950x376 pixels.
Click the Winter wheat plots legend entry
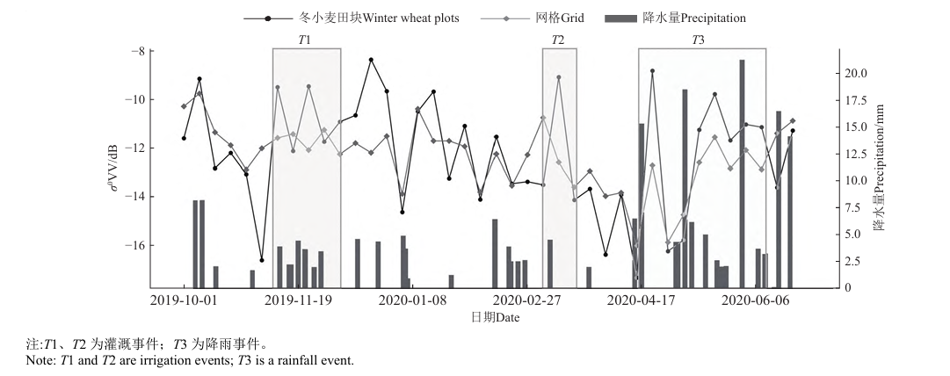click(379, 17)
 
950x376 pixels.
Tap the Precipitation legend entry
click(694, 17)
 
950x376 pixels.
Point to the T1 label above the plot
click(305, 40)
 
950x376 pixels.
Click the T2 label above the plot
click(558, 40)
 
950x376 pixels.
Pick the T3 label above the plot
click(698, 40)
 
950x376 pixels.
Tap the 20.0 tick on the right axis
click(855, 73)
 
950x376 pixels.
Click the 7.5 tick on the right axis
click(852, 207)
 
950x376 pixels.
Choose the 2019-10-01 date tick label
click(184, 300)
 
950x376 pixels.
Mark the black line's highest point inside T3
click(652, 70)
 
